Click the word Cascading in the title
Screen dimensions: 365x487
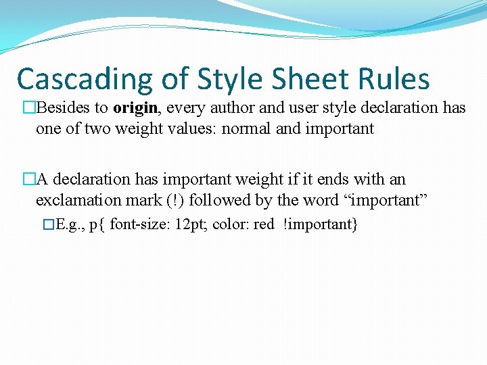pos(86,80)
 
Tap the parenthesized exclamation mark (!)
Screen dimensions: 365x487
pos(172,200)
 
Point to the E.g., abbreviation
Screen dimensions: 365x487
pos(70,224)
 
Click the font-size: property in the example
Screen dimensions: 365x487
pos(139,224)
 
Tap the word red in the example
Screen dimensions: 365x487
pos(263,224)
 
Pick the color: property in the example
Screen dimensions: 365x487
pos(231,224)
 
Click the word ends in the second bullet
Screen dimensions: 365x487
pos(335,179)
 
